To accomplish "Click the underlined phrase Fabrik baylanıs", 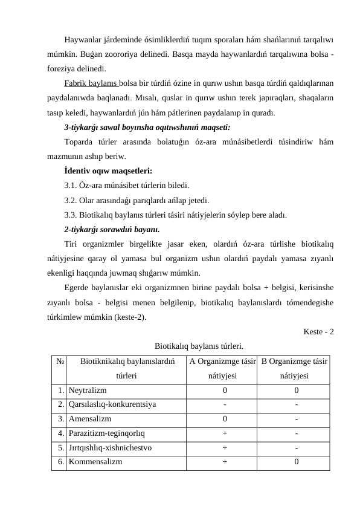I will [x=91, y=82].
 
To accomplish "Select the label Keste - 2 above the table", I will [x=319, y=332].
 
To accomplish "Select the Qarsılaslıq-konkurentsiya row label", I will [x=112, y=404].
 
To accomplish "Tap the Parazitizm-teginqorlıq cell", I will [x=106, y=433].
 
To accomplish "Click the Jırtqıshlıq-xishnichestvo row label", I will [x=110, y=447].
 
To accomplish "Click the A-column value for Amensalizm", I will [x=225, y=418].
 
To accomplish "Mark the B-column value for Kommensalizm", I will [x=296, y=461].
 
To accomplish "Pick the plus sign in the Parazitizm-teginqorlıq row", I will [x=225, y=433].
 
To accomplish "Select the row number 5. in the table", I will [x=62, y=447].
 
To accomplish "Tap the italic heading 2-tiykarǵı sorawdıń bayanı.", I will [x=112, y=229].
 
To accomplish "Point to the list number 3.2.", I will [x=71, y=200].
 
